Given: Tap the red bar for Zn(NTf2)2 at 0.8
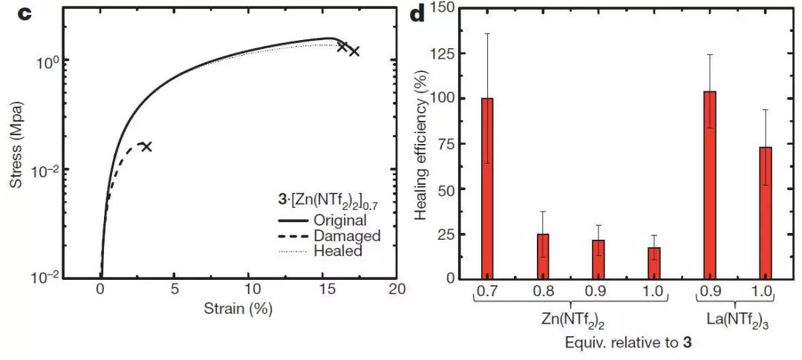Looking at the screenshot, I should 544,256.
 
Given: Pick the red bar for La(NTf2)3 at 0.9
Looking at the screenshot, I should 710,185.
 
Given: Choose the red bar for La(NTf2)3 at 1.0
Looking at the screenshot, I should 766,212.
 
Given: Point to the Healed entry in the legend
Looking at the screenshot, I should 337,252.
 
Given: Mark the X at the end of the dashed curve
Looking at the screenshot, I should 146,146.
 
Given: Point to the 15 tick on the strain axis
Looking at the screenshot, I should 325,289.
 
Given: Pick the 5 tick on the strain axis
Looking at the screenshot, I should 175,289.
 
